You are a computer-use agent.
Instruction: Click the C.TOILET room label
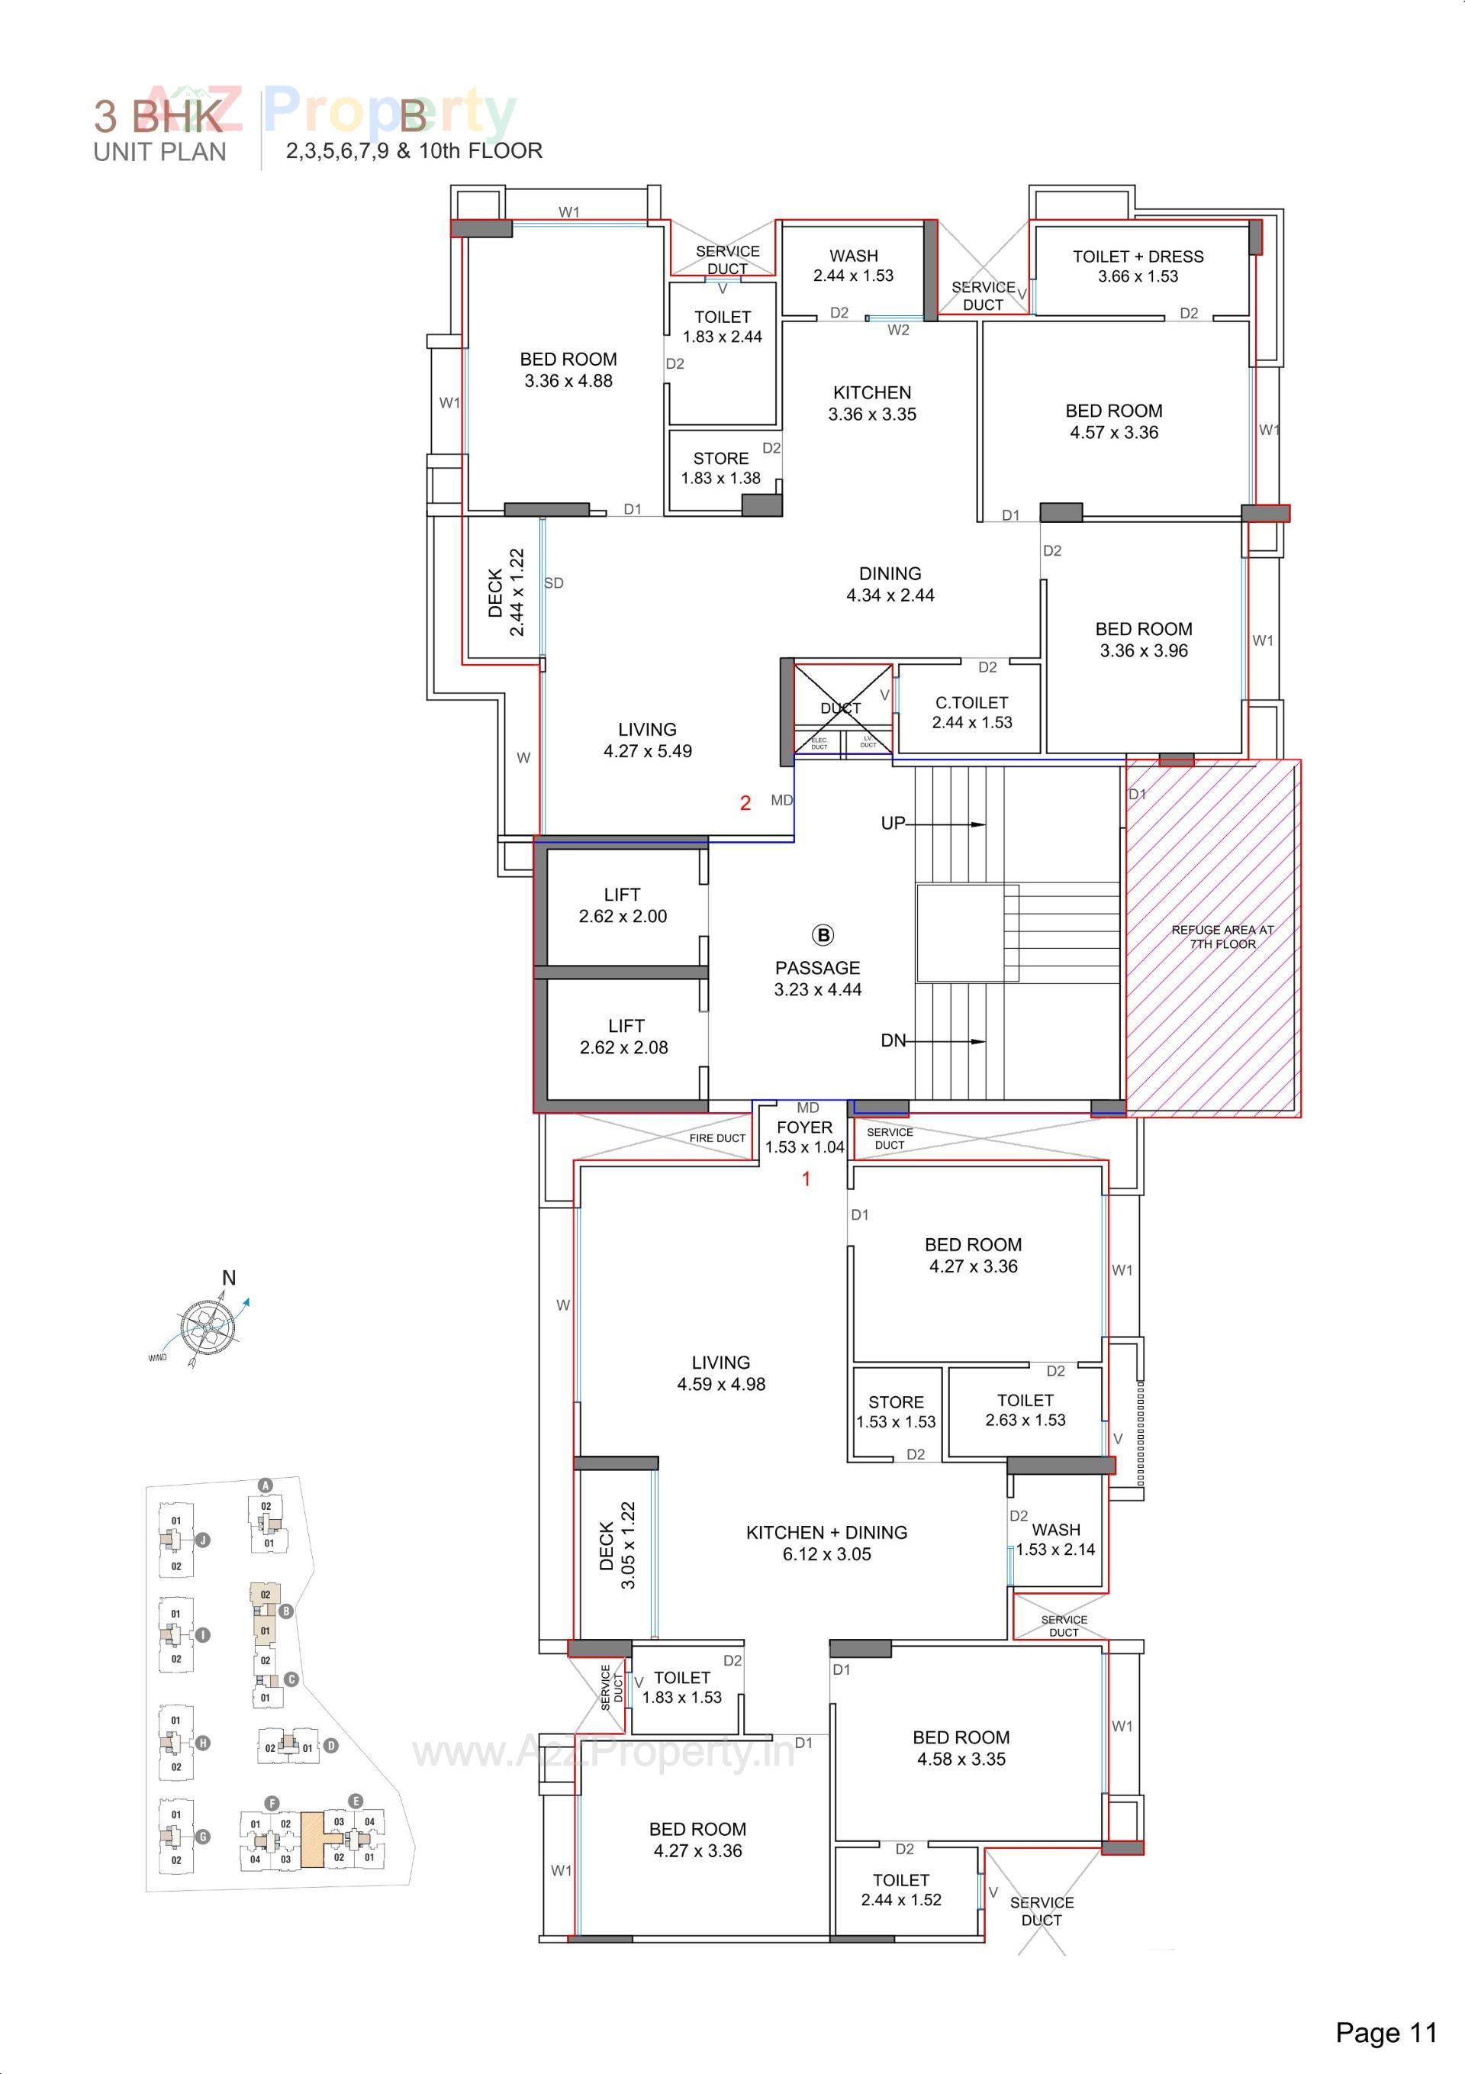click(972, 711)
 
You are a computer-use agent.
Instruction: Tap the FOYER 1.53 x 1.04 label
click(804, 1137)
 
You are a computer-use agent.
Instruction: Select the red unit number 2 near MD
click(745, 802)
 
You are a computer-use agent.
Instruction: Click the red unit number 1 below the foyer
click(807, 1178)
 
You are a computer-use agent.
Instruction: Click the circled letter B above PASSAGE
click(822, 935)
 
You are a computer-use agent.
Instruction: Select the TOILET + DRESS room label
click(1138, 266)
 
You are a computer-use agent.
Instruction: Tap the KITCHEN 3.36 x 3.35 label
click(871, 403)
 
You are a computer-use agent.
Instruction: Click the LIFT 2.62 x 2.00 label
click(623, 905)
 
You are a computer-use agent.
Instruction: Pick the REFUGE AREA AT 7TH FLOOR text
click(1222, 936)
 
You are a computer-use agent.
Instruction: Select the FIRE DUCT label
click(717, 1138)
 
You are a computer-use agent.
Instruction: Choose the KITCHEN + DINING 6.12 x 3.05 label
click(826, 1543)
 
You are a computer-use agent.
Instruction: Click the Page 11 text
click(1386, 2033)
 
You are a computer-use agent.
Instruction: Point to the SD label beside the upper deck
click(554, 583)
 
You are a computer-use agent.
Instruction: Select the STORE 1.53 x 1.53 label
click(896, 1411)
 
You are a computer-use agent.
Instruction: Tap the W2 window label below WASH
click(898, 330)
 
